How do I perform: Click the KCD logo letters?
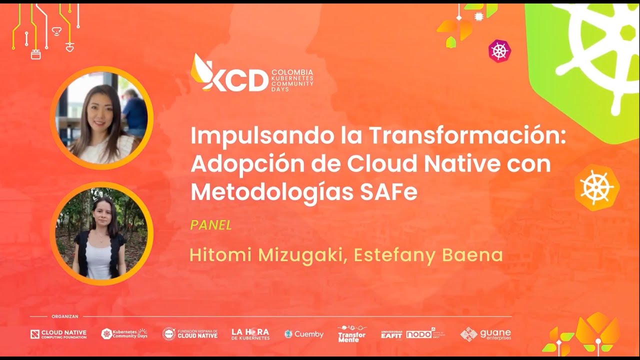tap(235, 80)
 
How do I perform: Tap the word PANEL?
tap(211, 225)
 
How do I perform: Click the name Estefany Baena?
tap(428, 255)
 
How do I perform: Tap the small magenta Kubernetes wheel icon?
tap(499, 51)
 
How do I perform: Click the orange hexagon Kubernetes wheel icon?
tap(596, 187)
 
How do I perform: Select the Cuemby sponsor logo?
tap(304, 334)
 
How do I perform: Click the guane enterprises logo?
tap(485, 334)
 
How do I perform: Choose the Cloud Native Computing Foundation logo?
tap(58, 334)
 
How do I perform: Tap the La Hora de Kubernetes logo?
tap(250, 334)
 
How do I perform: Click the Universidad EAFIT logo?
tap(391, 334)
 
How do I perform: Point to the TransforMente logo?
tap(351, 334)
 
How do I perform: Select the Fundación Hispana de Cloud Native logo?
tap(190, 334)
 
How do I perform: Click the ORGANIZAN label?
tap(65, 316)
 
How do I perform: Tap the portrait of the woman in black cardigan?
tap(101, 233)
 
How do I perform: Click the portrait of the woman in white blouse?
tap(101, 118)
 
